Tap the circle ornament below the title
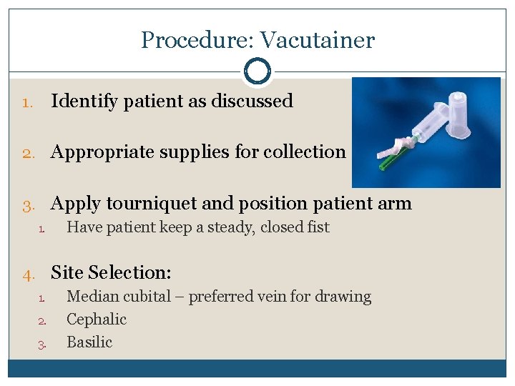pyautogui.click(x=257, y=71)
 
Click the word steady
pyautogui.click(x=229, y=228)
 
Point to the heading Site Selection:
pyautogui.click(x=111, y=272)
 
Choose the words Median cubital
pyautogui.click(x=119, y=297)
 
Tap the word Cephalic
pyautogui.click(x=97, y=320)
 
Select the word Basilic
pyautogui.click(x=89, y=342)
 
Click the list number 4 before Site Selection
pyautogui.click(x=29, y=273)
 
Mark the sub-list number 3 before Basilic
pyautogui.click(x=42, y=344)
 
